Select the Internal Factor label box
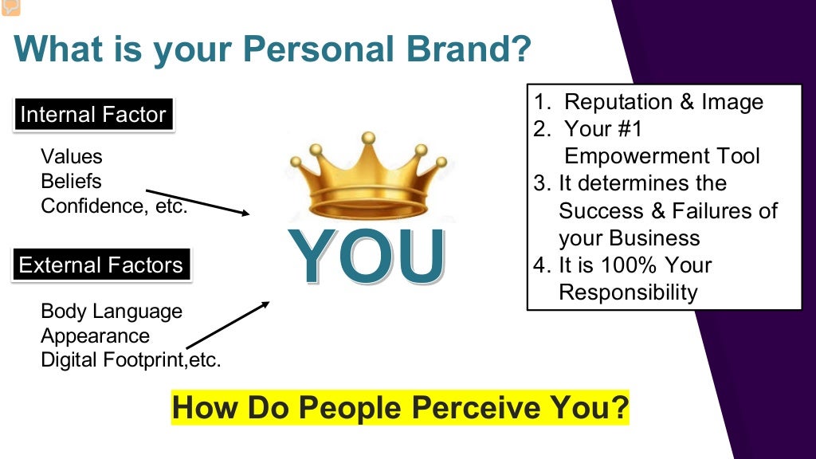[x=92, y=115]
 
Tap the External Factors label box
[x=100, y=265]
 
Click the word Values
[x=72, y=157]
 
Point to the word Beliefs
[x=71, y=181]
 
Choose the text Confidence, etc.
[x=114, y=206]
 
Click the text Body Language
[x=112, y=311]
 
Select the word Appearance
[x=95, y=335]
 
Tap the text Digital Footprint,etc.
[x=131, y=360]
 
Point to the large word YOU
[x=367, y=257]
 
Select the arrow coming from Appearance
[x=228, y=325]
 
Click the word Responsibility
[x=628, y=292]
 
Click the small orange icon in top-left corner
[x=10, y=8]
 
